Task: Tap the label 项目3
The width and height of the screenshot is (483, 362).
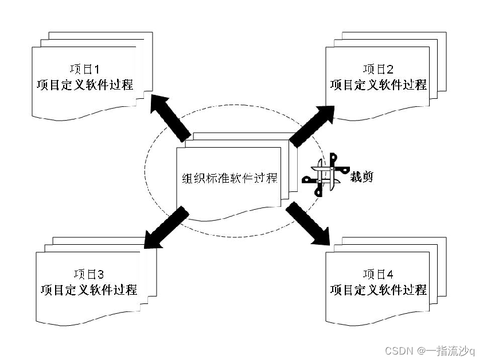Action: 88,274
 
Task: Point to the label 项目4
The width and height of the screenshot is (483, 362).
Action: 378,274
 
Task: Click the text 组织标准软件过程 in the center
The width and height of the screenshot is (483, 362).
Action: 229,178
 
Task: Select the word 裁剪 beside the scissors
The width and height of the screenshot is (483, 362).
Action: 361,176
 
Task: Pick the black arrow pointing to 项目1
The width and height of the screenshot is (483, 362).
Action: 170,117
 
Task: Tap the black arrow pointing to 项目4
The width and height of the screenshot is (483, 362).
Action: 310,224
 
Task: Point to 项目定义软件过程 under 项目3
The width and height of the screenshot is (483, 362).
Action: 89,289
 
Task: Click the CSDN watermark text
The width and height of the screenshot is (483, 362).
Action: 399,351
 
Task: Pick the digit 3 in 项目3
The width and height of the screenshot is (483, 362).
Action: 100,274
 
